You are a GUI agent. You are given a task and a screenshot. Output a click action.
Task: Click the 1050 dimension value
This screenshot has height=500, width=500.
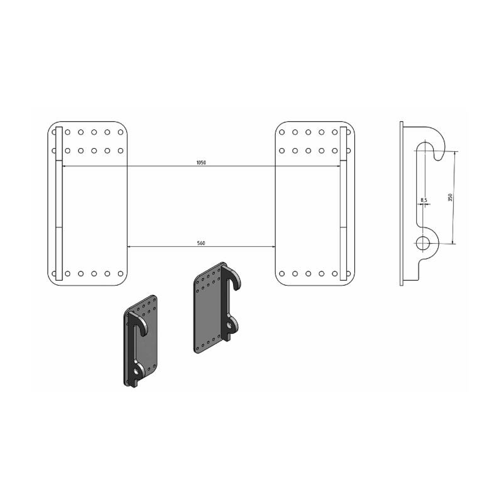201,162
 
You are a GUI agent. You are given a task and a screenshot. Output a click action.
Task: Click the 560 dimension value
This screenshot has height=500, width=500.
201,243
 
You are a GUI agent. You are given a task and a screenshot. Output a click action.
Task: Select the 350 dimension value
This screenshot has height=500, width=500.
450,197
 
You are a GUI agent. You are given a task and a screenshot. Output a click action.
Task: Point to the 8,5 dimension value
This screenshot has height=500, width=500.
424,200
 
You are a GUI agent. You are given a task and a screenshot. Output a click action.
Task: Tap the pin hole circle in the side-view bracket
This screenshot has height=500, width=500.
423,243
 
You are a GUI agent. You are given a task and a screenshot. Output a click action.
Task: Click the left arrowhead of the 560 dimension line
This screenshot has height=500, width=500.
129,246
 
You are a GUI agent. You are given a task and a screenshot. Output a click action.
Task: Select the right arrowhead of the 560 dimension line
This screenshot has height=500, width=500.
273,246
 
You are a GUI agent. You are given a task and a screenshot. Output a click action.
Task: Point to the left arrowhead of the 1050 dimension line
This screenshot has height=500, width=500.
64,166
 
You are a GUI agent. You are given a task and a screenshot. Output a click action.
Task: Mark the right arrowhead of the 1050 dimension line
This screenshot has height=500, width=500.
338,166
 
